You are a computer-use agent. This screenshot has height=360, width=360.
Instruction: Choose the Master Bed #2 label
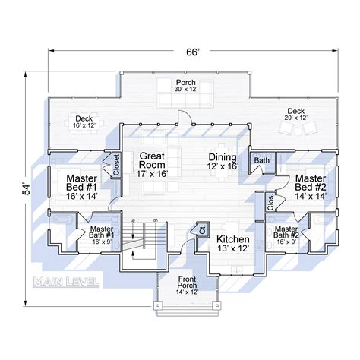pos(311,185)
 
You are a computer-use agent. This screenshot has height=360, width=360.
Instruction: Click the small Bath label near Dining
pos(262,160)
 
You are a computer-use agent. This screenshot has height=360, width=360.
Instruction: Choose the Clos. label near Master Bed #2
pos(270,203)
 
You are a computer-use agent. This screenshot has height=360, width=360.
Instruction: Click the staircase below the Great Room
pos(144,243)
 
